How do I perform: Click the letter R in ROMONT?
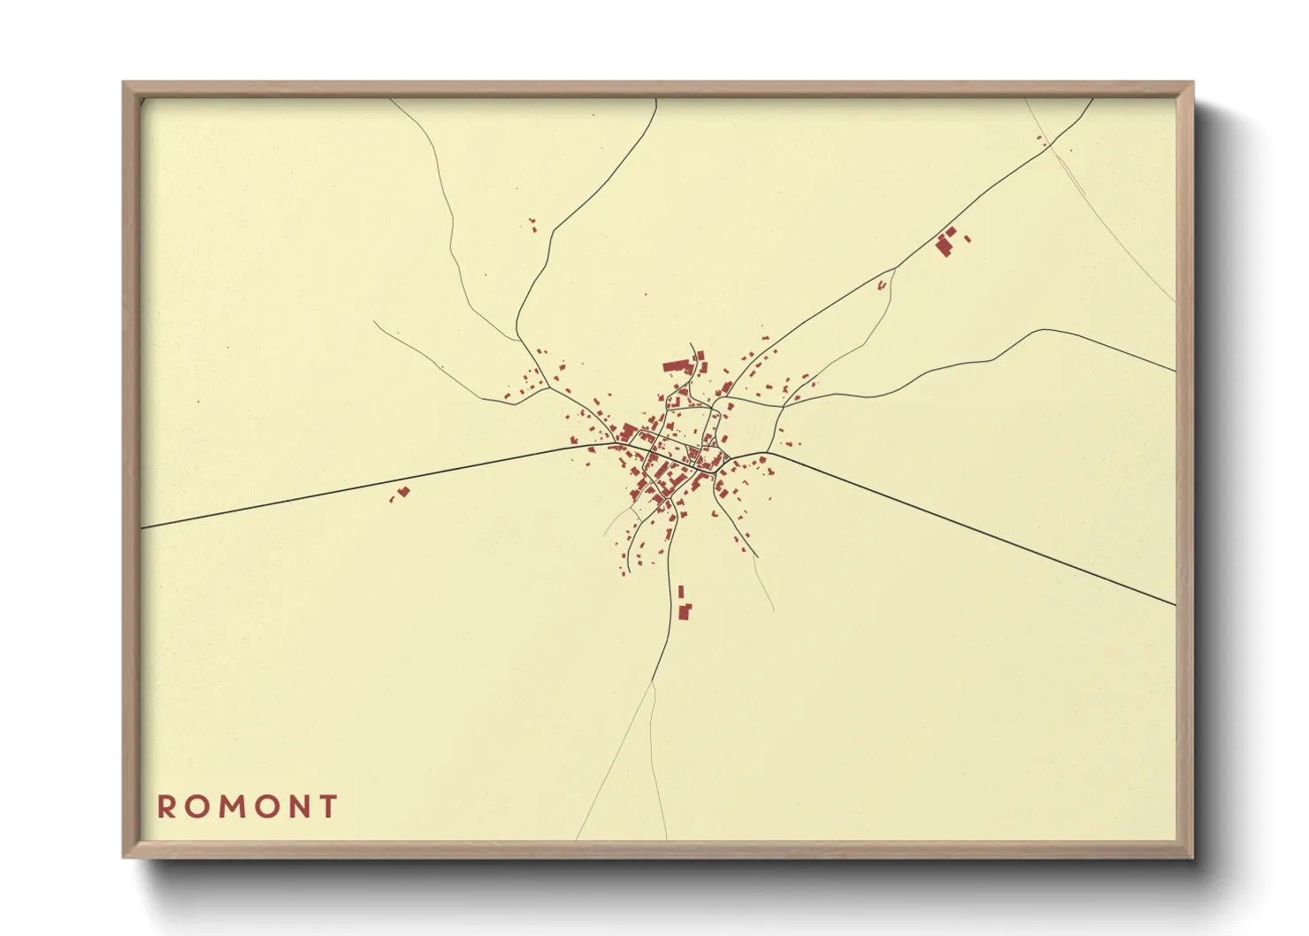[x=166, y=807]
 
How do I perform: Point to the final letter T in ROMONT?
[x=329, y=807]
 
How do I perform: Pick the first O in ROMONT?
[x=196, y=807]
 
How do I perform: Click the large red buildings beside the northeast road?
[x=946, y=242]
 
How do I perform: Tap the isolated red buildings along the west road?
[x=402, y=492]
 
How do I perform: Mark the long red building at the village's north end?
[x=677, y=365]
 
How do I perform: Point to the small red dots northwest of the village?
[x=532, y=225]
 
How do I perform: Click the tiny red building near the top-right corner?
[x=1041, y=140]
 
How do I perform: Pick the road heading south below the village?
[x=664, y=637]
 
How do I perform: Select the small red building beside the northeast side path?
[x=882, y=285]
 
